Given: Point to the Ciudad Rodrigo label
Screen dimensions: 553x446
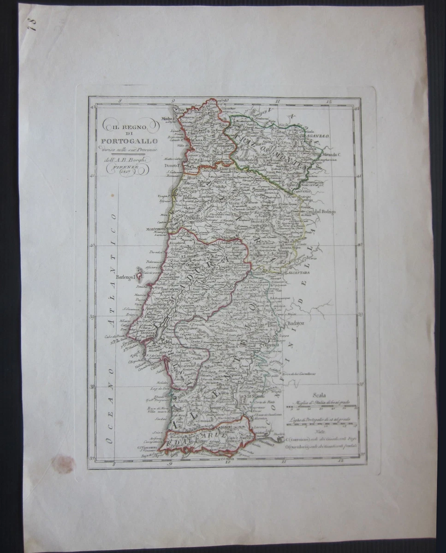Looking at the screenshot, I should pyautogui.click(x=319, y=212).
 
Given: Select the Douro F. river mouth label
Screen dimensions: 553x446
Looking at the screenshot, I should pyautogui.click(x=172, y=164).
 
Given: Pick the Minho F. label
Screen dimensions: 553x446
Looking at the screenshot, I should pyautogui.click(x=167, y=118).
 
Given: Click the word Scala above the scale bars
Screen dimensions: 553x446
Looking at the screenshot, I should pyautogui.click(x=319, y=394).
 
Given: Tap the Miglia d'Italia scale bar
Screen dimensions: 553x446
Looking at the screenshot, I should pyautogui.click(x=321, y=407).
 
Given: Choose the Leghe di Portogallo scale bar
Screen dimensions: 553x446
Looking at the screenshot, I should pyautogui.click(x=321, y=424).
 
